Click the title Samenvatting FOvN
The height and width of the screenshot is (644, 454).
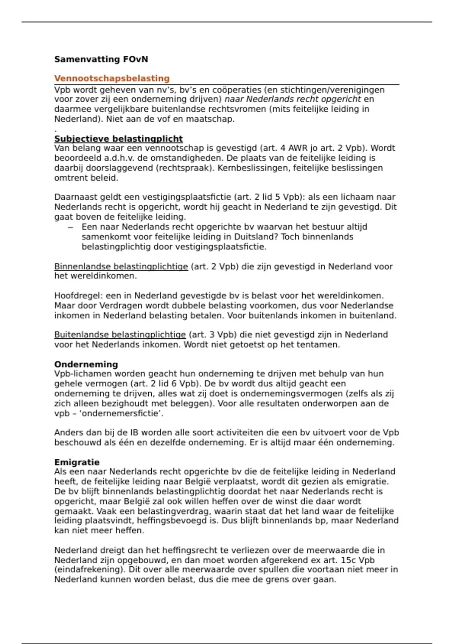101,59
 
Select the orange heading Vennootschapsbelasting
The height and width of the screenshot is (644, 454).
112,78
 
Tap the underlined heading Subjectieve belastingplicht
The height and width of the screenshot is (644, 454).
118,139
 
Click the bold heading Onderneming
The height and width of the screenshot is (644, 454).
86,364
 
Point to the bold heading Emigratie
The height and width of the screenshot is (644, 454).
77,462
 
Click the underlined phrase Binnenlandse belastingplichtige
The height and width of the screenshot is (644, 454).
121,266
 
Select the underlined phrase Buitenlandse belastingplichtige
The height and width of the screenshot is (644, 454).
120,335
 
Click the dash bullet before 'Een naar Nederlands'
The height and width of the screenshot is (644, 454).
70,227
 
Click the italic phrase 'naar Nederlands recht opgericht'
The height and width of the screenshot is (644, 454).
293,99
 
